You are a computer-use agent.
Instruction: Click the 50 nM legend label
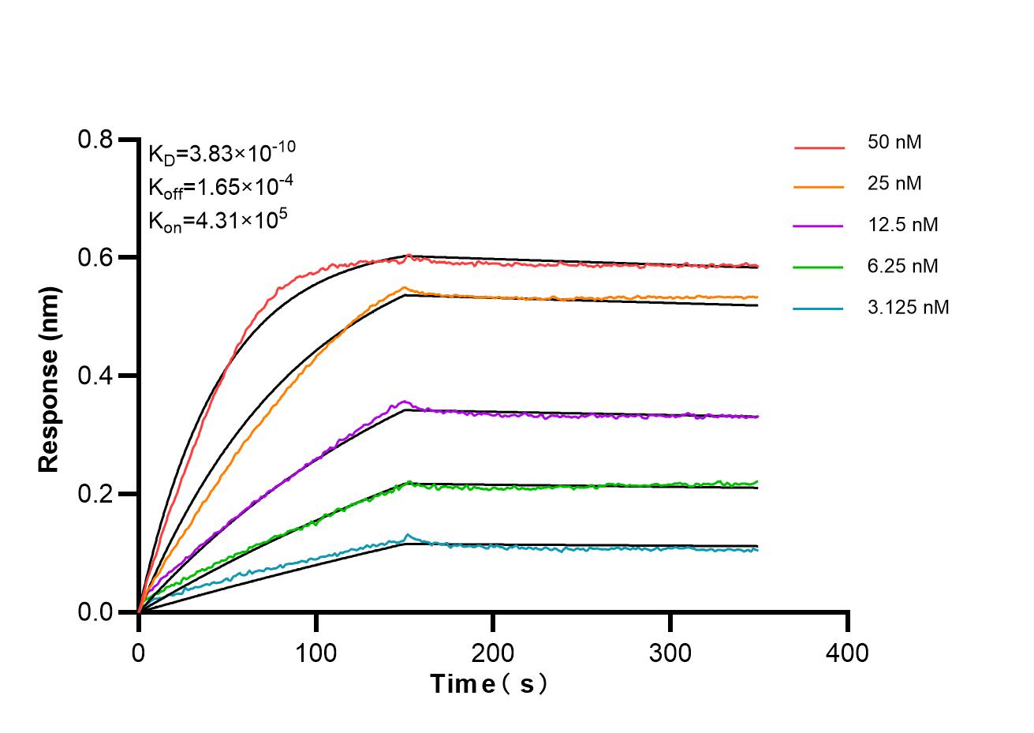coord(894,143)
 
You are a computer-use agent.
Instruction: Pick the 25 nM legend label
coord(894,184)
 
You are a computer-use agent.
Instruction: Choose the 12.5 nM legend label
coord(902,225)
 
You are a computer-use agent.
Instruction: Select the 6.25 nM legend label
coord(902,266)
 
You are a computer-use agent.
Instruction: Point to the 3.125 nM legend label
coord(908,307)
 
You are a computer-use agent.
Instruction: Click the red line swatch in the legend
coord(819,147)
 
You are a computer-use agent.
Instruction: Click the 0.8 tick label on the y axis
coord(95,140)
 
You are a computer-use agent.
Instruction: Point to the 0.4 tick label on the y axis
coord(95,376)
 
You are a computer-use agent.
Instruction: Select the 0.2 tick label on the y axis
coord(95,495)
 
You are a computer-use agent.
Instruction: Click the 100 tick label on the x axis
coord(315,653)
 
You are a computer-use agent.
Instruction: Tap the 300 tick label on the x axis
coord(670,653)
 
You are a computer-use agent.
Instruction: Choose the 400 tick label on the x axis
coord(848,653)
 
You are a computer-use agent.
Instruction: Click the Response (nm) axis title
coord(49,376)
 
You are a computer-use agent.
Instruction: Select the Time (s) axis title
coord(488,683)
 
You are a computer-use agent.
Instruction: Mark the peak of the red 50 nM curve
coord(408,255)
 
